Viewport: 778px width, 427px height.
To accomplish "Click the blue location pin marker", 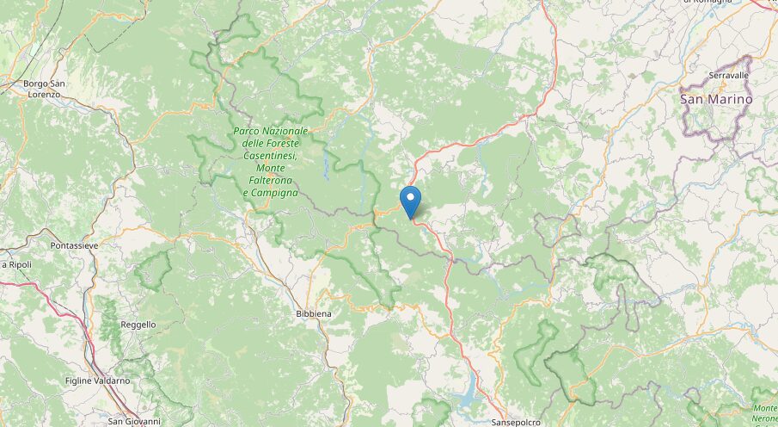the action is tap(411, 201).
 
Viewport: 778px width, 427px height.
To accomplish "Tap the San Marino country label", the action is tap(716, 99).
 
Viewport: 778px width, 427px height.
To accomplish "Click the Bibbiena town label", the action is tap(313, 314).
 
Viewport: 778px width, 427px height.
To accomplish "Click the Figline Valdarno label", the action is tap(97, 380).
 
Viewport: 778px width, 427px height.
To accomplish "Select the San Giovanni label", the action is tap(134, 421).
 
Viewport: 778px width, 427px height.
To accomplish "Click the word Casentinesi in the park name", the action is tap(270, 156).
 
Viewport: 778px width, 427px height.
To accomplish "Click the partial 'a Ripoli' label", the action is tap(17, 264).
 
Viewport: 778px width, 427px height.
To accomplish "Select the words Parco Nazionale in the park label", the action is tap(270, 131).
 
